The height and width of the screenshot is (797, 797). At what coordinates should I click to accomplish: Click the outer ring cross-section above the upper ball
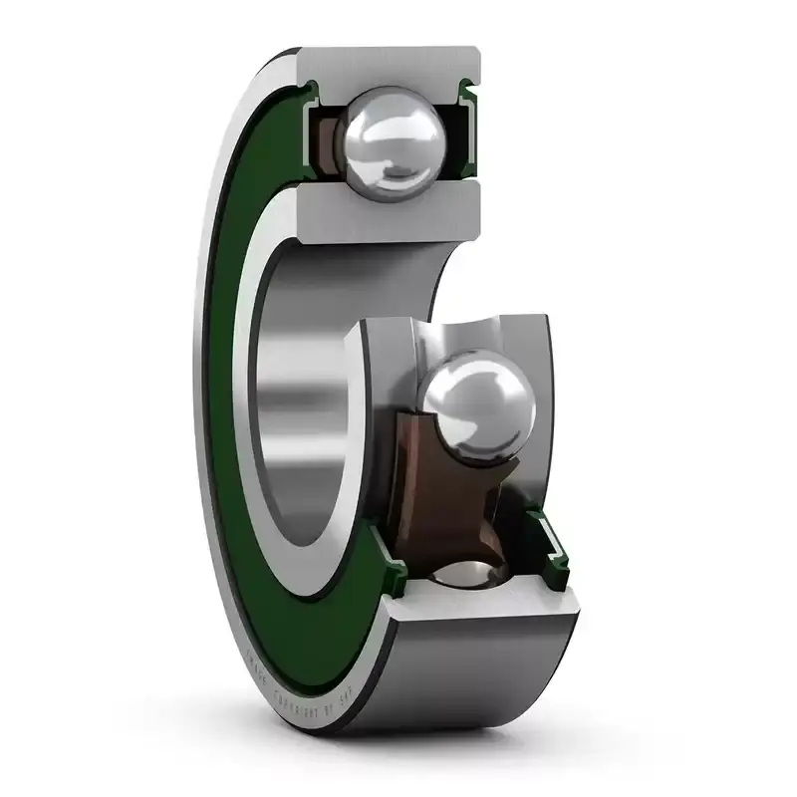pyautogui.click(x=389, y=66)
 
